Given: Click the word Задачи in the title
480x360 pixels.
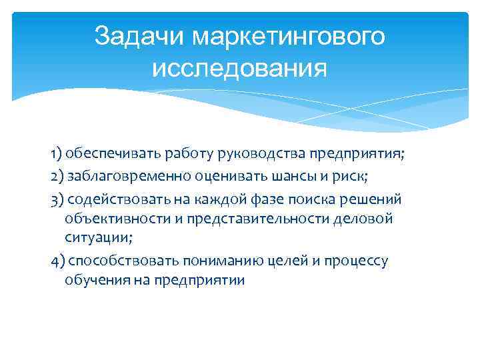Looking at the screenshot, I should coord(139,37).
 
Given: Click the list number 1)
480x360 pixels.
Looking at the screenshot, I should coord(56,155).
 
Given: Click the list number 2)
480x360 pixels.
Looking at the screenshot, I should coord(57,177).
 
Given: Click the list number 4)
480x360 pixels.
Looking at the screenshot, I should coord(57,261).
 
